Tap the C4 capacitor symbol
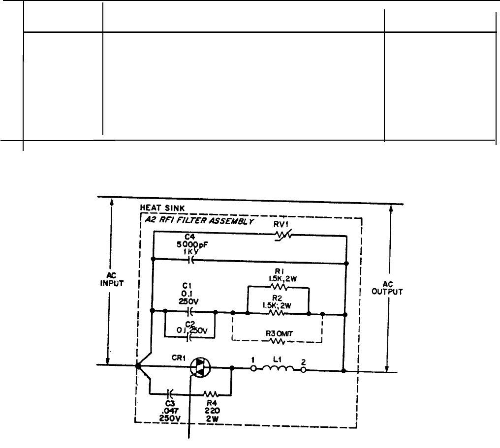191,260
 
